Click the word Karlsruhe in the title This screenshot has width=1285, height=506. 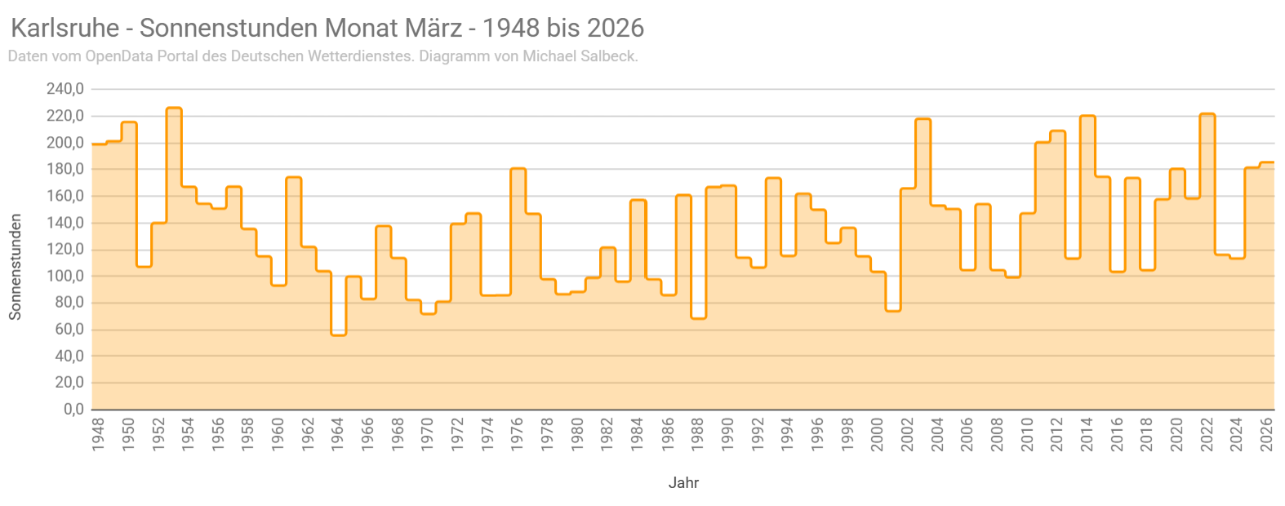pos(64,28)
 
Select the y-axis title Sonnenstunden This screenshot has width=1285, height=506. pos(15,267)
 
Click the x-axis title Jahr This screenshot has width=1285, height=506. pos(683,482)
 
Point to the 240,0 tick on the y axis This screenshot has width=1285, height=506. pos(65,89)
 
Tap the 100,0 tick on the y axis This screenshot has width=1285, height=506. pos(65,276)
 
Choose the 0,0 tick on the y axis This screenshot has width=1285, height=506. pos(74,409)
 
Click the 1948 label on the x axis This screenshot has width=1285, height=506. pos(98,434)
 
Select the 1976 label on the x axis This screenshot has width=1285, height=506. pos(518,434)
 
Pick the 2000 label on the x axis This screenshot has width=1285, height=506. pos(877,434)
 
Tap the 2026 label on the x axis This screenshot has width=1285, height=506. pos(1267,434)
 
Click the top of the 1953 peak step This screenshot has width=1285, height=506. pos(174,108)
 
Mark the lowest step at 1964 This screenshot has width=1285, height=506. pos(339,335)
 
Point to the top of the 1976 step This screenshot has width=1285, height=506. pos(518,169)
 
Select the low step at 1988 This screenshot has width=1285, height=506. pos(698,317)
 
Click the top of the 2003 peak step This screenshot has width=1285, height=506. pos(923,119)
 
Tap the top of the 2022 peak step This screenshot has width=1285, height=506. pos(1207,114)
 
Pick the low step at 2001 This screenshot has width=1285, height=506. pos(893,310)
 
